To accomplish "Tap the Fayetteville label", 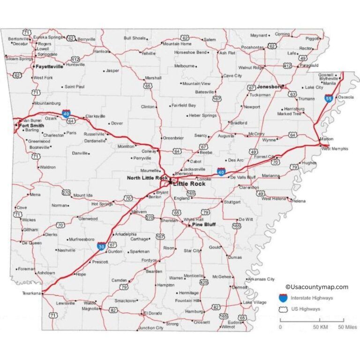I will click(49, 67).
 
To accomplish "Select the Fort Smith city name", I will click(30, 125).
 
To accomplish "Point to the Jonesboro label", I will click(270, 87).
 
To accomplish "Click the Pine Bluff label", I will click(203, 225).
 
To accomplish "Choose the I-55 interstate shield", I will click(329, 98).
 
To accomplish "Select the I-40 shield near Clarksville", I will click(66, 113).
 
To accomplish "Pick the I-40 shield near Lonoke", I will click(221, 172).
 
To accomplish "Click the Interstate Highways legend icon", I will click(283, 298).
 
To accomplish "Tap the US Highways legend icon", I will click(283, 309).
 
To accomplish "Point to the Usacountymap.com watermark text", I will click(317, 287).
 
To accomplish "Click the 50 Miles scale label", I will click(347, 327).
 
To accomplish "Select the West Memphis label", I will click(335, 149).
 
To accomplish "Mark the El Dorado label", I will click(152, 313).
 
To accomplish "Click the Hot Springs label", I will click(102, 204).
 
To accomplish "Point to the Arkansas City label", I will click(262, 279).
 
